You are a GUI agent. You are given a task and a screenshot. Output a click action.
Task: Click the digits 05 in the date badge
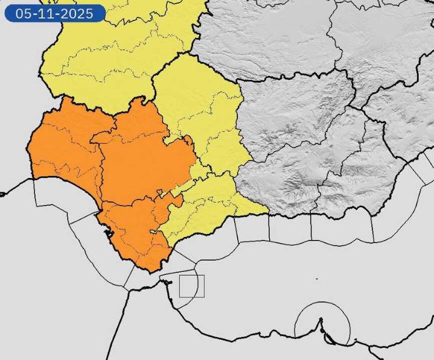coord(24,13)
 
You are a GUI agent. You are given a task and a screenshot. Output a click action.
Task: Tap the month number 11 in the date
coord(48,13)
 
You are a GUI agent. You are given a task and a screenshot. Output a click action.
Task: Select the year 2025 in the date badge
coord(78,13)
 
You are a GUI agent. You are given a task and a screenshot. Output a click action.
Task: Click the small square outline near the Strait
coord(192,286)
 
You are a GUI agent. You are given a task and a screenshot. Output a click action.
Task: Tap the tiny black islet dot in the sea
coord(317,279)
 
